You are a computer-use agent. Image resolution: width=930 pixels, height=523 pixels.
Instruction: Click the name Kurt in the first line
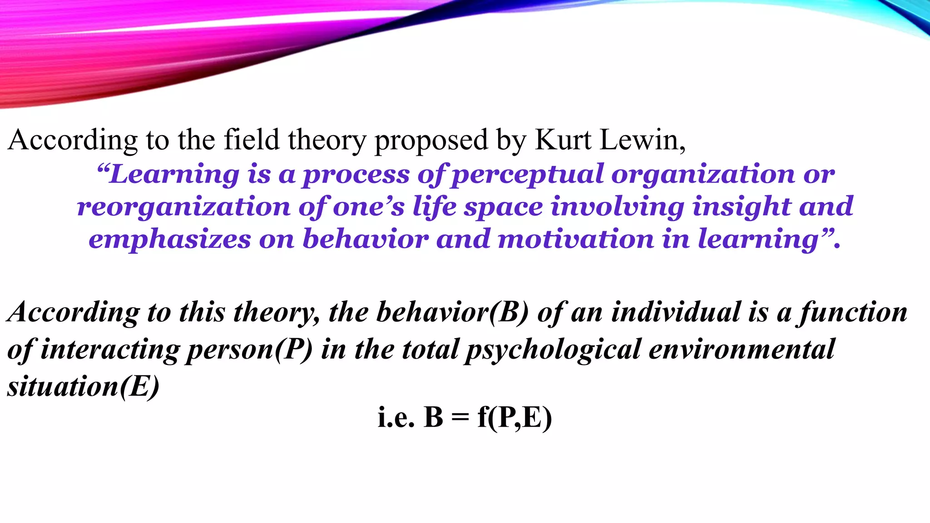563,140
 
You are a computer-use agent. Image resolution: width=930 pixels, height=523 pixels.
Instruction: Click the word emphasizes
169,240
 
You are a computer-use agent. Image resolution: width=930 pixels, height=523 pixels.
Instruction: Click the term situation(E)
84,387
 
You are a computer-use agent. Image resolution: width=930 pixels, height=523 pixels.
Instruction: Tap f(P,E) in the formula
514,418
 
